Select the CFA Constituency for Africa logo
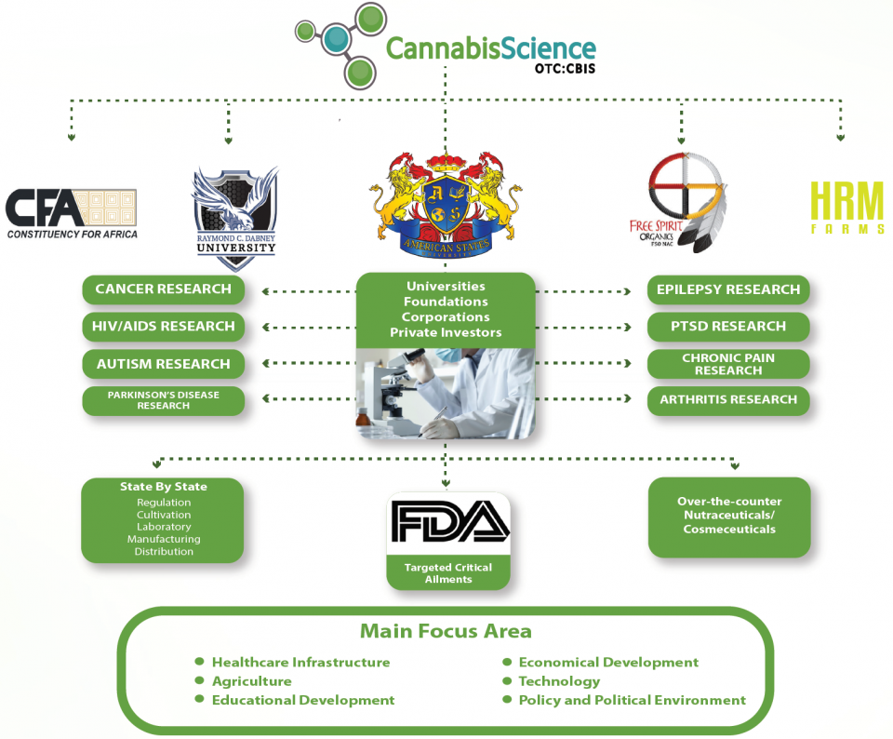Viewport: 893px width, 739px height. [x=72, y=213]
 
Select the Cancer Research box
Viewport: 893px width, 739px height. [x=163, y=289]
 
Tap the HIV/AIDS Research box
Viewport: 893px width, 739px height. [x=163, y=327]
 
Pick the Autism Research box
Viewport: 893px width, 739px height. [x=163, y=364]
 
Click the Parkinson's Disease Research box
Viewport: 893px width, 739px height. [x=163, y=401]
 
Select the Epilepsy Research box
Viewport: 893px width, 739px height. [x=728, y=289]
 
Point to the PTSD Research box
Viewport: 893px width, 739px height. [x=728, y=327]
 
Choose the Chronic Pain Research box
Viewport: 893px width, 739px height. [x=728, y=364]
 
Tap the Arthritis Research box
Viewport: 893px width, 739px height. [x=728, y=400]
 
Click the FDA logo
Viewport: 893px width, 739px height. [x=448, y=522]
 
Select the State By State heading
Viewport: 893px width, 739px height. [x=163, y=487]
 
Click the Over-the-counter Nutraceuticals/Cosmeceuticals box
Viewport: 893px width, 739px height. [x=729, y=516]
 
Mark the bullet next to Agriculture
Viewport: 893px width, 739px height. [x=199, y=680]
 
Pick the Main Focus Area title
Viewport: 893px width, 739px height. [x=446, y=631]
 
